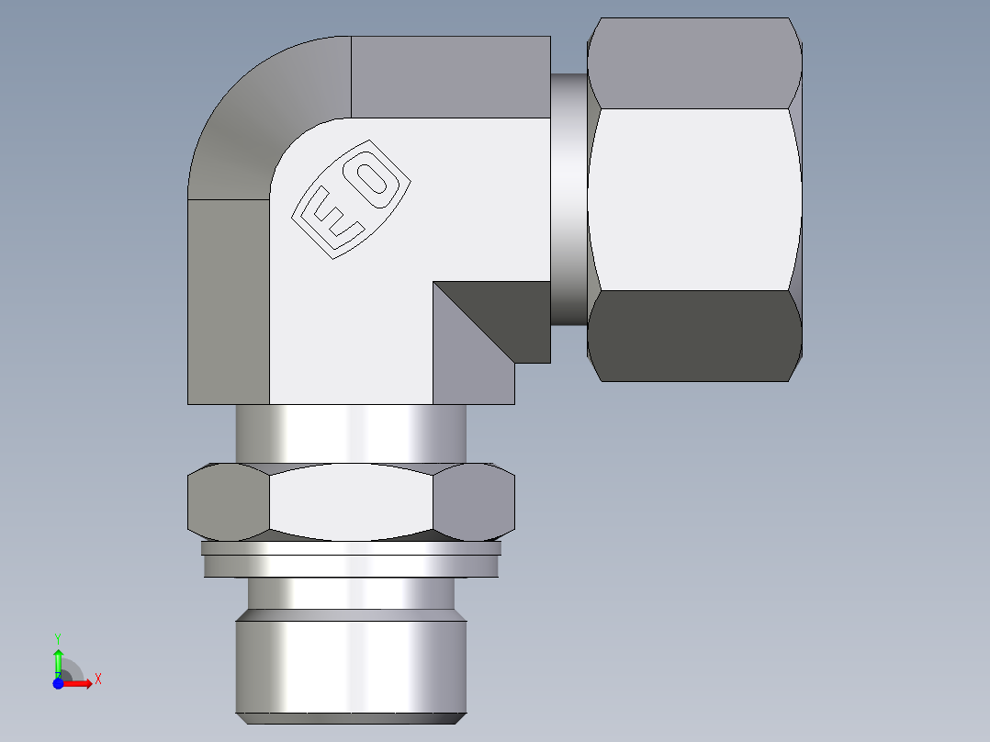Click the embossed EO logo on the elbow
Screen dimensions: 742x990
click(350, 199)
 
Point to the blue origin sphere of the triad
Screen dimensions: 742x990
click(58, 682)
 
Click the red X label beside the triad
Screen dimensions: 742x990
click(97, 680)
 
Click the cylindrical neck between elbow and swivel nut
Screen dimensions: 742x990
click(568, 199)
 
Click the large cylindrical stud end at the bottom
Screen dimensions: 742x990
click(351, 666)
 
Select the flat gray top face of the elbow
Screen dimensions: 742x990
click(450, 77)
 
